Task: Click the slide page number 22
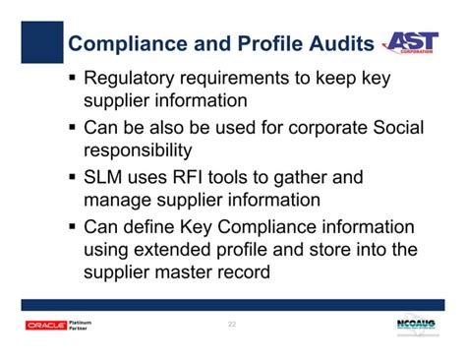point(233,325)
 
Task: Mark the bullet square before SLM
point(73,178)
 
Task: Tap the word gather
point(303,177)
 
